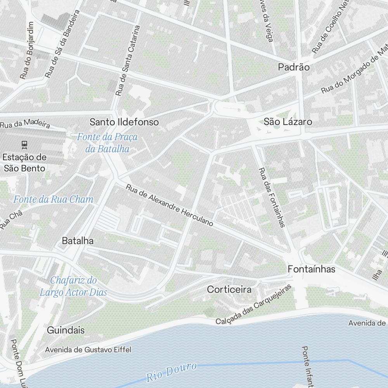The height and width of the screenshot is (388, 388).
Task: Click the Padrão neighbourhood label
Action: point(294,67)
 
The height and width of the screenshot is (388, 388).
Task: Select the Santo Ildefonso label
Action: point(124,122)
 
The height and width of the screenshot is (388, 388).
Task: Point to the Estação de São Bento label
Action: point(24,163)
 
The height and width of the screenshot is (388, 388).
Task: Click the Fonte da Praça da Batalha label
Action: point(107,142)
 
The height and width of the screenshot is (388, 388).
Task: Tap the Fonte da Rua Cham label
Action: point(54,199)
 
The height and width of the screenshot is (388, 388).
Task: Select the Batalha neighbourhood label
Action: point(78,241)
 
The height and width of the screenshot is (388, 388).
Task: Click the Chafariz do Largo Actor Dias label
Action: point(73,286)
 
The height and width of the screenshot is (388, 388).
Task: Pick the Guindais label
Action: point(66,330)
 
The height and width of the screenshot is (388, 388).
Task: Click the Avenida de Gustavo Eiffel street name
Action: point(88,350)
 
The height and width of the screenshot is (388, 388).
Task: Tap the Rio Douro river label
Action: point(171,372)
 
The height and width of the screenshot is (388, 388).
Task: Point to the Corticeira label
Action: point(229,289)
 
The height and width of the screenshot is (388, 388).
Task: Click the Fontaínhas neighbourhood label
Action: point(311,269)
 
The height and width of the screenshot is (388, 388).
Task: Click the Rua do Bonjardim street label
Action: point(27,50)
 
